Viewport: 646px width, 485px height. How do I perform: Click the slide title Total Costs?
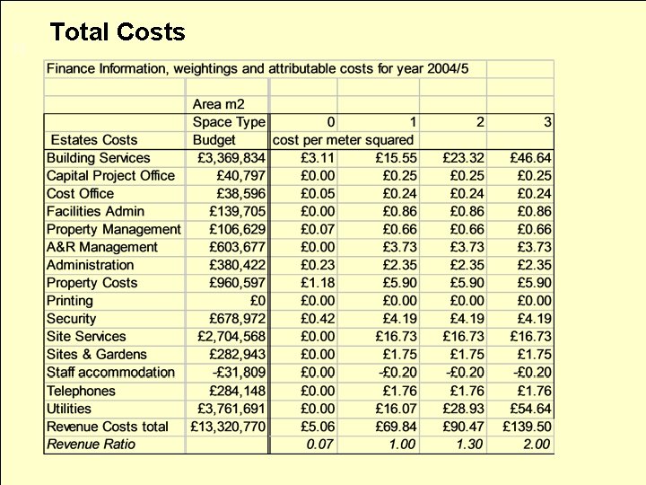pyautogui.click(x=118, y=32)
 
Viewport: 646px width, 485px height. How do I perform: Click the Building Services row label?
pyautogui.click(x=99, y=158)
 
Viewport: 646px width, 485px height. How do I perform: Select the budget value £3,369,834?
pyautogui.click(x=231, y=158)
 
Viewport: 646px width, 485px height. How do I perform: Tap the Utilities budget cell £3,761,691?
pyautogui.click(x=231, y=409)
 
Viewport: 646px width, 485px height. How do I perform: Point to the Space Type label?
pyautogui.click(x=229, y=121)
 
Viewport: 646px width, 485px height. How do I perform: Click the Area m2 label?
pyautogui.click(x=218, y=104)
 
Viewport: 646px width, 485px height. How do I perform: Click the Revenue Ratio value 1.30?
pyautogui.click(x=469, y=445)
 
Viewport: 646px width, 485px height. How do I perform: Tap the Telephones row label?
pyautogui.click(x=81, y=391)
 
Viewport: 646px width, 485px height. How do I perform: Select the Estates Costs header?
pyautogui.click(x=94, y=139)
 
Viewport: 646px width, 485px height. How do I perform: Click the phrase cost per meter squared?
pyautogui.click(x=343, y=139)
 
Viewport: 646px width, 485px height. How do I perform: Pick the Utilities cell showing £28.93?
pyautogui.click(x=467, y=409)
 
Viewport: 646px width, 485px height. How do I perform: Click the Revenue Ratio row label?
pyautogui.click(x=91, y=445)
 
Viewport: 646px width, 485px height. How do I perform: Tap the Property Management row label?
pyautogui.click(x=113, y=229)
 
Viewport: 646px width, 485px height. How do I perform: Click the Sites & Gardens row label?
pyautogui.click(x=96, y=355)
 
